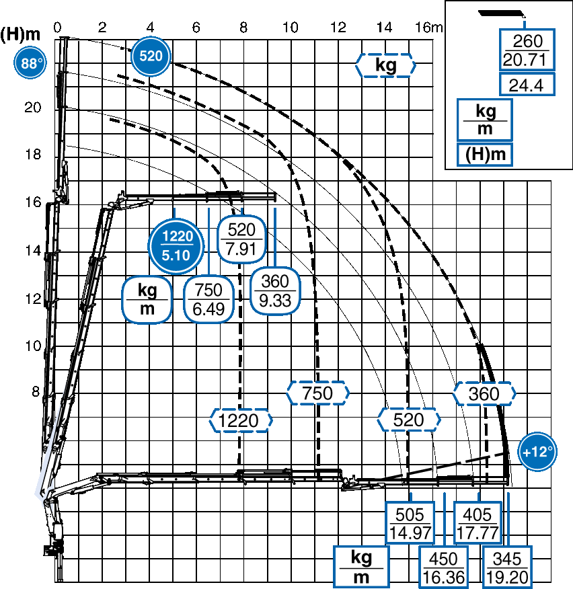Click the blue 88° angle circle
coord(30,63)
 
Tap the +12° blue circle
coord(537,452)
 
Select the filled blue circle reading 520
coord(151,56)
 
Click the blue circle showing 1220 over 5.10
coord(176,245)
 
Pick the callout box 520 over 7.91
coord(241,239)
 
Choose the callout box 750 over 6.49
coord(208,299)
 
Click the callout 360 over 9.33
coord(275,290)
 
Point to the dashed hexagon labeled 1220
coord(241,420)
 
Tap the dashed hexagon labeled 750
coord(318,393)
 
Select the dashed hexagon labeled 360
coord(484,393)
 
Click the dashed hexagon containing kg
coord(385,65)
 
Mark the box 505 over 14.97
coord(410,522)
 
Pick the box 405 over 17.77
coord(477,522)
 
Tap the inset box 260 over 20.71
coord(527,50)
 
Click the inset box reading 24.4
coord(527,85)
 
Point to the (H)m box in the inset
coord(485,154)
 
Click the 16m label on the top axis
coord(428,28)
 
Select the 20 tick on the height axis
coord(33,108)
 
